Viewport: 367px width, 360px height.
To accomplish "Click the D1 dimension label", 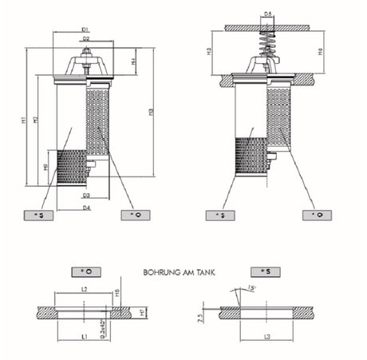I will (x=85, y=30).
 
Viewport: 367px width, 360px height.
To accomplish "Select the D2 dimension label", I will (x=85, y=38).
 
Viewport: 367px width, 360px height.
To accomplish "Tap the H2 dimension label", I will (x=36, y=120).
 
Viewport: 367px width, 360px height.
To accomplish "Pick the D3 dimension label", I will (x=85, y=195).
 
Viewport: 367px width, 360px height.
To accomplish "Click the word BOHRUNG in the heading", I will (x=161, y=271).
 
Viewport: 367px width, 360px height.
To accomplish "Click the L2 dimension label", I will (x=85, y=289).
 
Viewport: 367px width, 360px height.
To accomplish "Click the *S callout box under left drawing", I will (x=37, y=216).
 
